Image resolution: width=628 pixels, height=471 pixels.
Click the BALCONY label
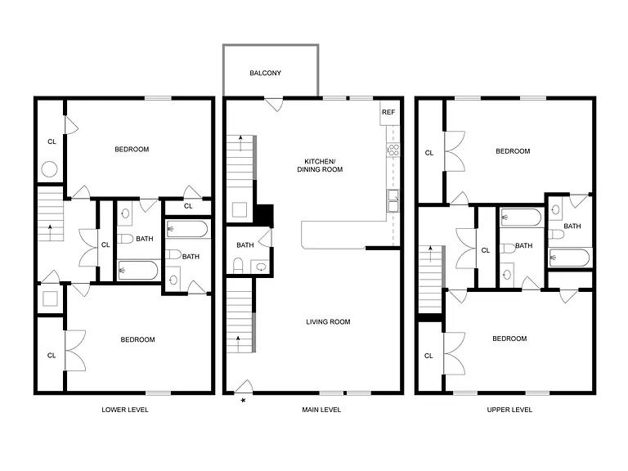265,73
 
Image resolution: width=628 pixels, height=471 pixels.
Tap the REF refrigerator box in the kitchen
388,113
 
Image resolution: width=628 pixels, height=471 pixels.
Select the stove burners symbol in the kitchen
392,150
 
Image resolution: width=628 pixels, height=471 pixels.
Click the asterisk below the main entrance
243,400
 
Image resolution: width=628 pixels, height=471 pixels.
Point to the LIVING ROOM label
328,321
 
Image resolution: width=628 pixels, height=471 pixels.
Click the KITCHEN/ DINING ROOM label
320,165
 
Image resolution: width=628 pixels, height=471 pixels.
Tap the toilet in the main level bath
238,265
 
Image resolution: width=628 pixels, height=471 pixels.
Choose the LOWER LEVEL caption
125,410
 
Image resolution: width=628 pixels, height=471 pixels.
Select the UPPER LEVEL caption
509,410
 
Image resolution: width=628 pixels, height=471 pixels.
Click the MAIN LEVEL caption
321,410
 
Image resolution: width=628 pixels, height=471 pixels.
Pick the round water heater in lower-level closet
49,169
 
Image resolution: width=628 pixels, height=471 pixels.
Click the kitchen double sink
392,200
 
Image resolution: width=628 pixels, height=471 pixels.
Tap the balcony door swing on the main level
275,105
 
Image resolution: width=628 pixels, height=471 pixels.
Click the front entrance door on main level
244,387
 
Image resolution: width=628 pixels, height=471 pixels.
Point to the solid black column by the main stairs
264,216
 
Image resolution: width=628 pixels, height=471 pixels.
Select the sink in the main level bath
261,267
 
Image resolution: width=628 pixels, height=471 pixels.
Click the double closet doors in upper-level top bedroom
455,151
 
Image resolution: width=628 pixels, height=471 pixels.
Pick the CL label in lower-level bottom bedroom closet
52,355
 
